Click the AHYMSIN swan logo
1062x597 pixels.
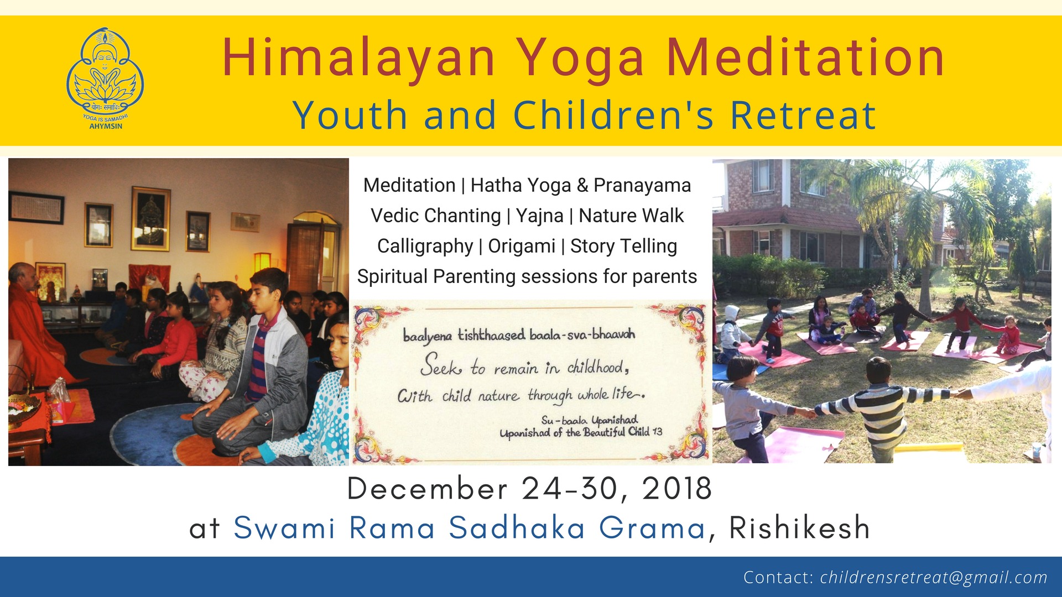(x=105, y=77)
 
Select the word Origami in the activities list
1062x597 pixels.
(x=521, y=246)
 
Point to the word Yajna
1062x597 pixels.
(x=539, y=216)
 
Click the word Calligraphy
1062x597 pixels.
(x=425, y=246)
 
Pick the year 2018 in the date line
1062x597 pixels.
(x=677, y=489)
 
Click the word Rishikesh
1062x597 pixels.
(x=799, y=527)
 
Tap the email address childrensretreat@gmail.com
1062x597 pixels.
(x=934, y=577)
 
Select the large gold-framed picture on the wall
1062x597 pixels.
(x=150, y=219)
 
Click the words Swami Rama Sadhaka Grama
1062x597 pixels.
(x=469, y=527)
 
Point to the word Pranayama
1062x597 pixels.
(x=642, y=185)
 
